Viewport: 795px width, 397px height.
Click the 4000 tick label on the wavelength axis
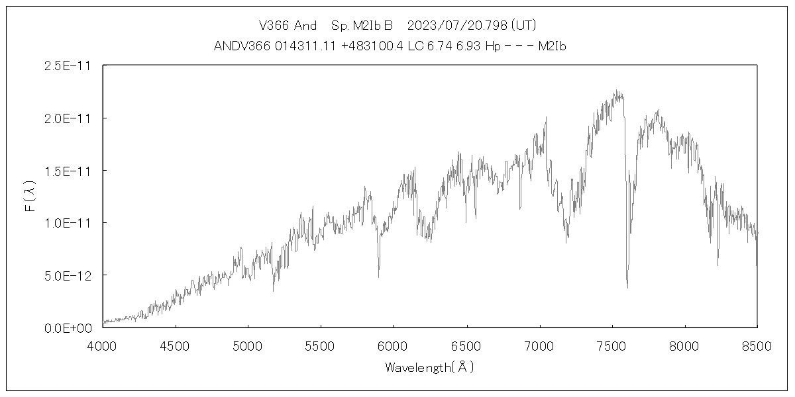pos(103,345)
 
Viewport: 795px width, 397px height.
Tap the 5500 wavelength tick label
pos(321,345)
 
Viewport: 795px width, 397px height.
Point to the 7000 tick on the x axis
pos(539,345)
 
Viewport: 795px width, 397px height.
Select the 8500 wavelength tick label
pos(757,345)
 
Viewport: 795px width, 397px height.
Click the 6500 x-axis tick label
pos(466,345)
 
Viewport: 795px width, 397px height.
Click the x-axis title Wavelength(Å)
pos(429,367)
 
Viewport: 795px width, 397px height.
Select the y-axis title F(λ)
pos(30,197)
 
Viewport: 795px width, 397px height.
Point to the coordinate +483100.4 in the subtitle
pos(372,46)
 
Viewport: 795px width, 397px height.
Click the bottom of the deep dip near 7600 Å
pos(627,287)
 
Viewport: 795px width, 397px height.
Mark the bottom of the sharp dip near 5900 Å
pos(379,277)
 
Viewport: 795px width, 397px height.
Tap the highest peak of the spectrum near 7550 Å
pos(616,91)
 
